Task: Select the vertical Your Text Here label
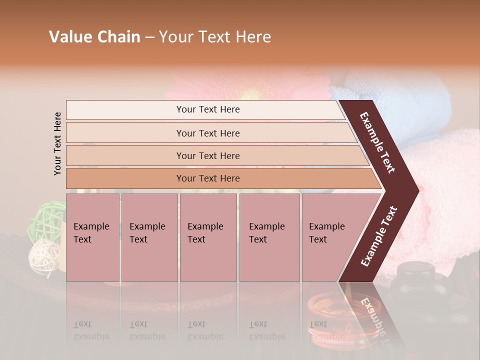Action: tap(57, 143)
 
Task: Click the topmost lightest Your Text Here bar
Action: tap(207, 109)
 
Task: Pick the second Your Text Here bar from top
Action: tap(208, 133)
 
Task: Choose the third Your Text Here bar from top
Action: tap(208, 155)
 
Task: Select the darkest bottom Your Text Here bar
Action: tap(208, 178)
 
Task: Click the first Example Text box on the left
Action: tap(92, 237)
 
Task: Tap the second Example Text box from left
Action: tap(149, 237)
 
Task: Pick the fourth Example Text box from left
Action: tap(269, 237)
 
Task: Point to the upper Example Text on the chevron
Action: tap(378, 142)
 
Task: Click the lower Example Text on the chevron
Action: tap(379, 236)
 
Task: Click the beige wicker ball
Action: tap(41, 254)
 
